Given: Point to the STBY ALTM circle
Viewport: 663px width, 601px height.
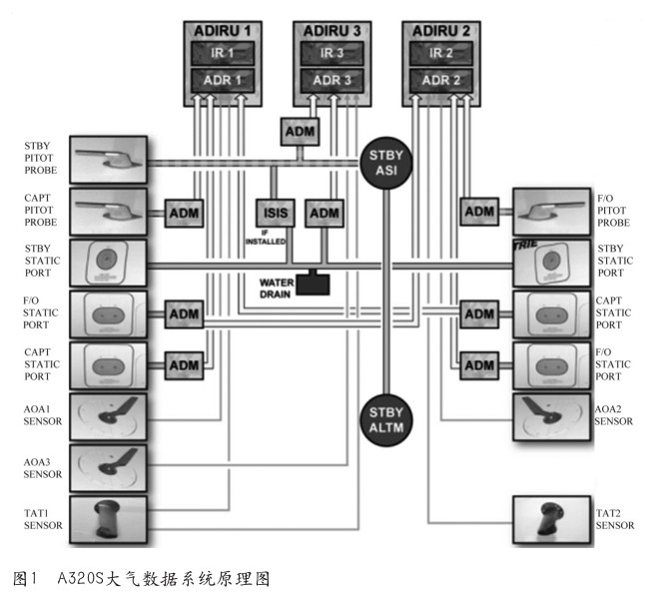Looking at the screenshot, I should (x=385, y=418).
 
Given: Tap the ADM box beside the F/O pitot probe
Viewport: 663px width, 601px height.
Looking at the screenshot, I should (x=479, y=212).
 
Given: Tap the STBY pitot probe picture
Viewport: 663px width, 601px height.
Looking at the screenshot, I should (x=107, y=159).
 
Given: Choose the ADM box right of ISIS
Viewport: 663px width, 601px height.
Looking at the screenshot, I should (x=324, y=212).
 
